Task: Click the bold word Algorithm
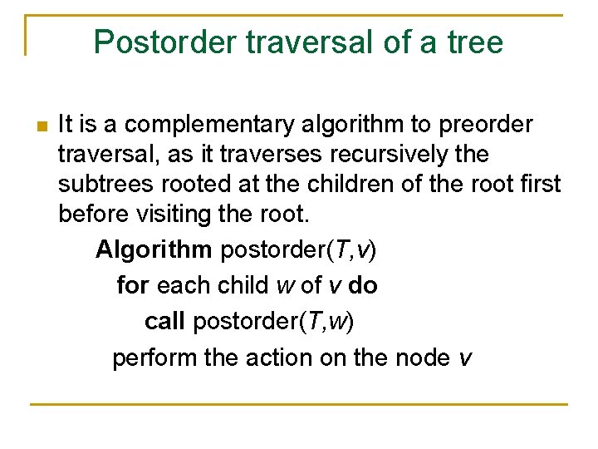(154, 249)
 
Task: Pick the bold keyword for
(133, 286)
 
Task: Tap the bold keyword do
(363, 286)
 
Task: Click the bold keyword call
(164, 322)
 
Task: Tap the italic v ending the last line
(465, 359)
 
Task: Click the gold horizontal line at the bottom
(299, 404)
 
